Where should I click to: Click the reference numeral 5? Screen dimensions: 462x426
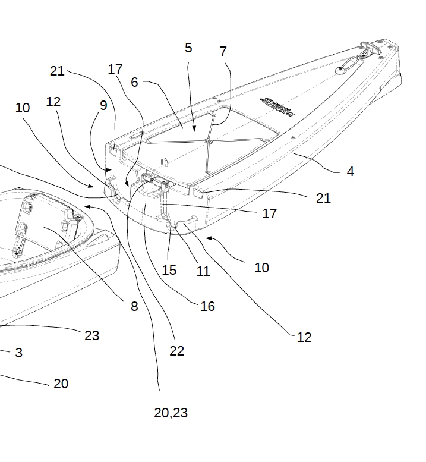pyautogui.click(x=188, y=48)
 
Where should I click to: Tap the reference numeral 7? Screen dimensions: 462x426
pyautogui.click(x=223, y=52)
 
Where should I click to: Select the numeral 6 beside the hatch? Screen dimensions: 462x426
pyautogui.click(x=135, y=82)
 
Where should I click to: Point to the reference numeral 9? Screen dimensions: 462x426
pyautogui.click(x=103, y=106)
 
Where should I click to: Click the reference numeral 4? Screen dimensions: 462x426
pyautogui.click(x=351, y=171)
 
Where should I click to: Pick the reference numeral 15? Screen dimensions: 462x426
pyautogui.click(x=169, y=270)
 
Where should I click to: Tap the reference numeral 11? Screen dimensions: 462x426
pyautogui.click(x=203, y=271)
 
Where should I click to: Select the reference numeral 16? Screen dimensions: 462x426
pyautogui.click(x=207, y=306)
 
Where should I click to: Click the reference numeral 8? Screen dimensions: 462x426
pyautogui.click(x=134, y=307)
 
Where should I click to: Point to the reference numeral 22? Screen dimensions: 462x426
pyautogui.click(x=176, y=351)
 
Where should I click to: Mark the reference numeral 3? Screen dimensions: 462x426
pyautogui.click(x=18, y=353)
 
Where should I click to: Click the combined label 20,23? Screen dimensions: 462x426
pyautogui.click(x=171, y=413)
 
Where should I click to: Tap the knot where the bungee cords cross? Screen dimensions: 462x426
pyautogui.click(x=207, y=142)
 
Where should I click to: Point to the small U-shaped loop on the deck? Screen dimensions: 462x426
pyautogui.click(x=165, y=161)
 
